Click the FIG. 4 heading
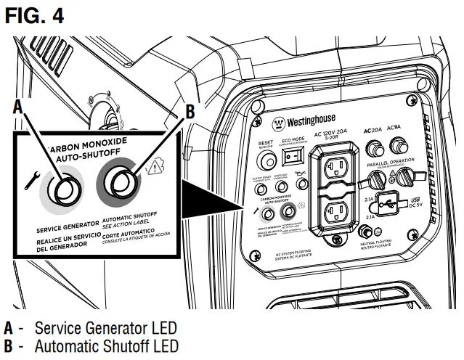(x=34, y=15)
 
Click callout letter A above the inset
(x=20, y=107)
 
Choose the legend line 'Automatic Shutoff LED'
(x=101, y=344)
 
